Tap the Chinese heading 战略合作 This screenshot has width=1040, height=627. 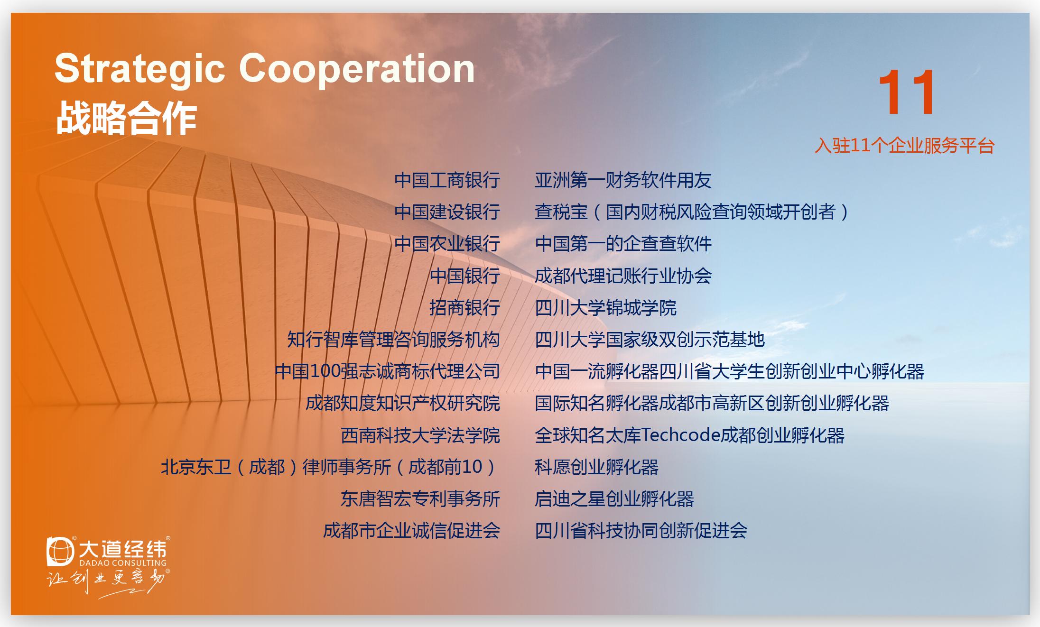pos(126,119)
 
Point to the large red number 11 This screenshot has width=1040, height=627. pos(906,92)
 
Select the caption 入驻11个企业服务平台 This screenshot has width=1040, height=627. pos(904,146)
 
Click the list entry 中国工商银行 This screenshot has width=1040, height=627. pos(447,180)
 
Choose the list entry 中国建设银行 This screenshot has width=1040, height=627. pos(447,212)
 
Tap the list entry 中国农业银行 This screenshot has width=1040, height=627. pos(447,244)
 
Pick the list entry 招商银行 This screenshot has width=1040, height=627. pos(464,308)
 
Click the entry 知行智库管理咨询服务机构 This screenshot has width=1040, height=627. pos(394,340)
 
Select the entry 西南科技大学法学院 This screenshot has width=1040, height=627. pos(420,435)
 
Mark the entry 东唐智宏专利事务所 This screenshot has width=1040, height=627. pos(420,499)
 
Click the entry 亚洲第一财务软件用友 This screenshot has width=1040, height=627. pos(623,180)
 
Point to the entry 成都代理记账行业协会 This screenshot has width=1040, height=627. pos(623,276)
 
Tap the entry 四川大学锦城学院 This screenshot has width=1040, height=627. pos(605,308)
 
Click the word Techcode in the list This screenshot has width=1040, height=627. pos(680,435)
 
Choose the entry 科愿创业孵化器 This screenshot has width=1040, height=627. pos(596,467)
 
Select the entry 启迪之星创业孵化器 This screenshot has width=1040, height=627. pos(614,499)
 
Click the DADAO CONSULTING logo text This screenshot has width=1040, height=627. pos(121,563)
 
